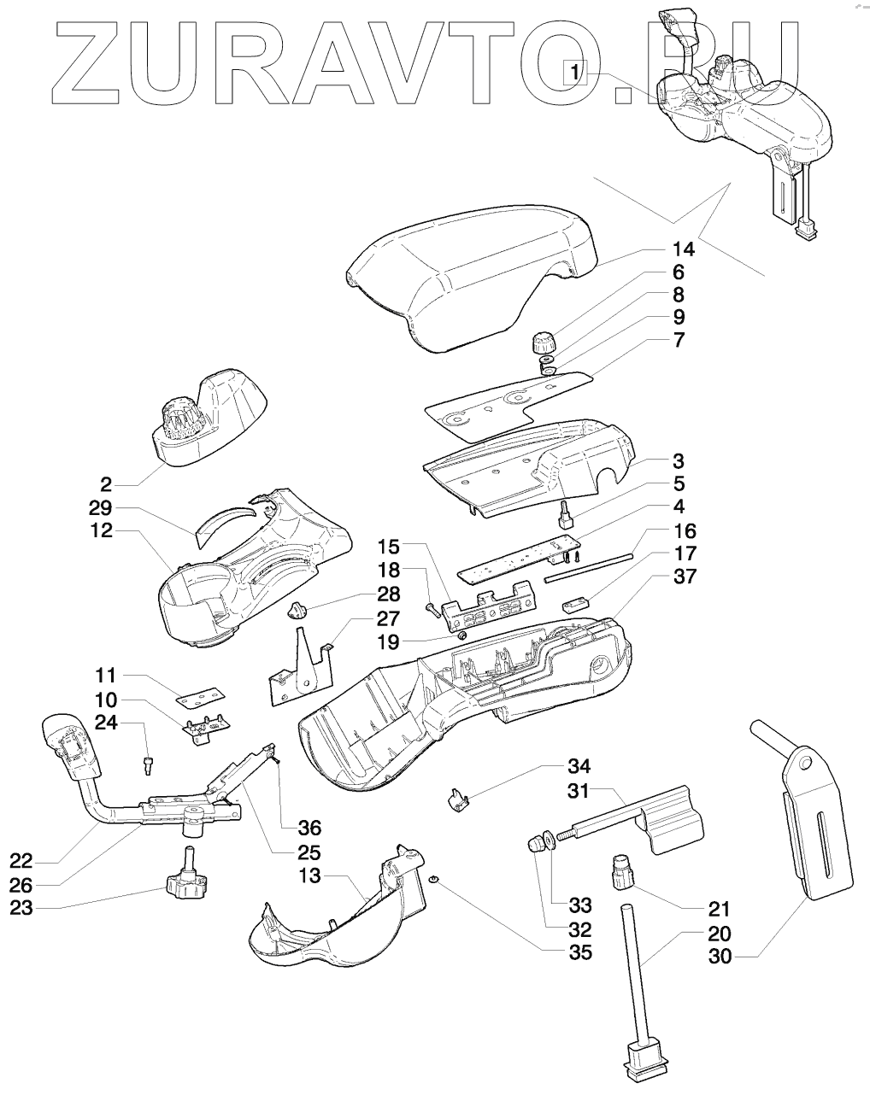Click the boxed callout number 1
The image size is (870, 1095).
(x=576, y=72)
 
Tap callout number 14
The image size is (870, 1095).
(x=683, y=250)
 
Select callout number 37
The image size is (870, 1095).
(x=683, y=577)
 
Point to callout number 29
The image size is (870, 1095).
(x=106, y=508)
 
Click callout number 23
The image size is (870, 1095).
(x=21, y=908)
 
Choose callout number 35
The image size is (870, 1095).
(x=580, y=952)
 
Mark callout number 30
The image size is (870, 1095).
(x=720, y=957)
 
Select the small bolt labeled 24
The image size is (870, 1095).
(x=150, y=764)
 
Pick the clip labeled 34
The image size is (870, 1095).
(x=456, y=800)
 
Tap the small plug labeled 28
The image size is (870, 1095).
(x=298, y=609)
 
